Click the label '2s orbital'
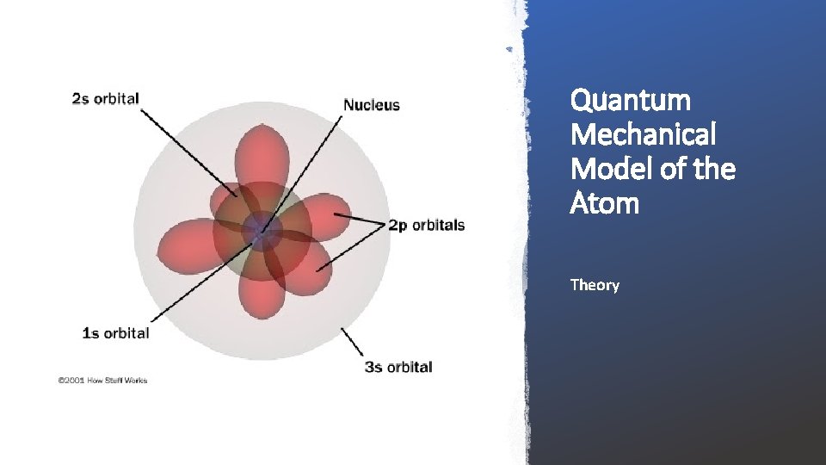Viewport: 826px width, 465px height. [105, 98]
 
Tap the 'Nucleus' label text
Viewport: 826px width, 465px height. [372, 105]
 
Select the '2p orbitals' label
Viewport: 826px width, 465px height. [426, 226]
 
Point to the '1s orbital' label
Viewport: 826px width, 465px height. [115, 332]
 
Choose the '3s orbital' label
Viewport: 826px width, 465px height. [398, 367]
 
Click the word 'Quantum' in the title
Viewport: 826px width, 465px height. [630, 101]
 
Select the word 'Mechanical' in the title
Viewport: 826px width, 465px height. [642, 135]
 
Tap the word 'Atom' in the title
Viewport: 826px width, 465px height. [604, 204]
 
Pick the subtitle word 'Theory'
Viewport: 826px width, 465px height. [594, 285]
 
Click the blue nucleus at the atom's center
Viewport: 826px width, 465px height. [258, 230]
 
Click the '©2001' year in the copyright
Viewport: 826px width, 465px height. [71, 380]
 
